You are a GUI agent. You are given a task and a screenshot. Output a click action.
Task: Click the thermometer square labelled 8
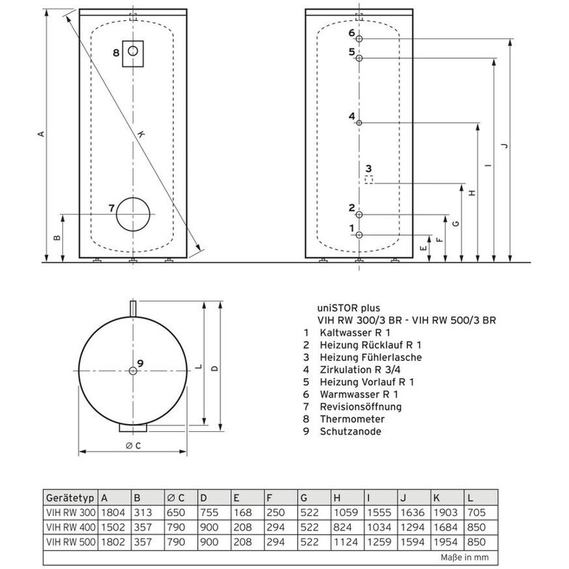tap(133, 41)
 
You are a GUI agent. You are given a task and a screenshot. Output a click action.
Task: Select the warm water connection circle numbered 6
tap(359, 39)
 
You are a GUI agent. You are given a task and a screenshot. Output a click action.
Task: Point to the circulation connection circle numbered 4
tap(359, 123)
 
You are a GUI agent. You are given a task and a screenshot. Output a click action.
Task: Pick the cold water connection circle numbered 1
tap(359, 235)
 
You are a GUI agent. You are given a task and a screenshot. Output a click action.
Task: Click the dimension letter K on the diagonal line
tap(141, 134)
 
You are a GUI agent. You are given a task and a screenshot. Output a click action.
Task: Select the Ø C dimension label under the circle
tap(133, 446)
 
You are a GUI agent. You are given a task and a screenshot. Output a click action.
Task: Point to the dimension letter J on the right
tap(504, 146)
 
